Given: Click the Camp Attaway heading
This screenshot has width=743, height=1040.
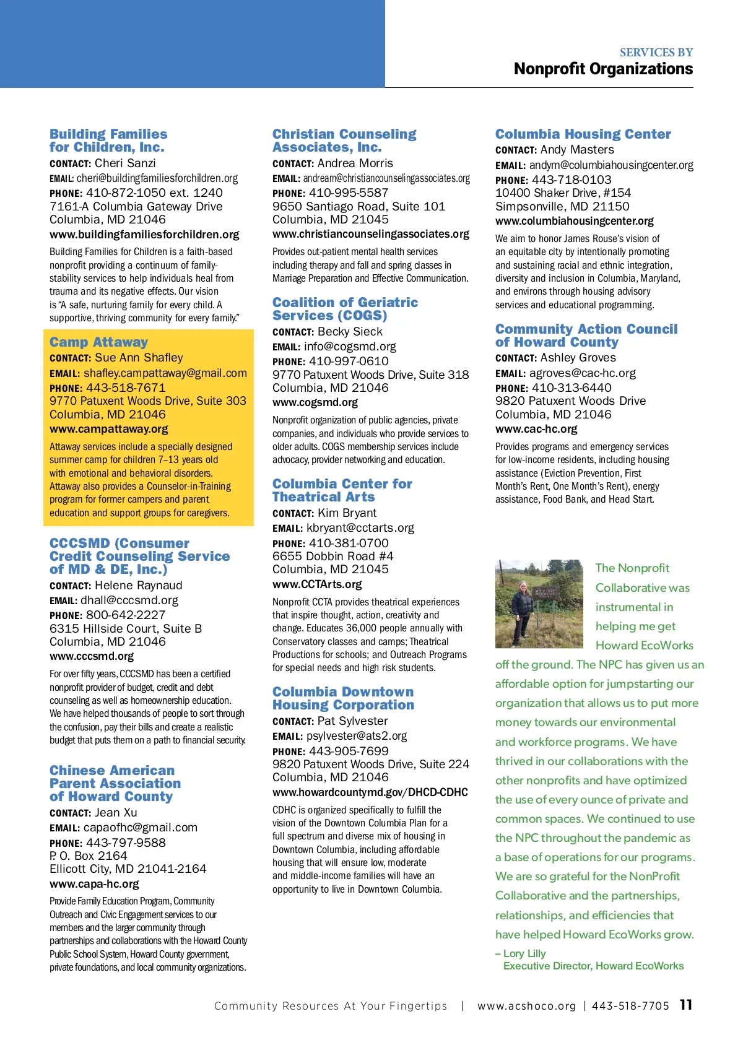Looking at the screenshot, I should (x=98, y=342).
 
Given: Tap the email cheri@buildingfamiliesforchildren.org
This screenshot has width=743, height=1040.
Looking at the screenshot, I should (x=157, y=178).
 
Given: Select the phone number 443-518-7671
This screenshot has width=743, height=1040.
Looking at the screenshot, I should (x=126, y=388).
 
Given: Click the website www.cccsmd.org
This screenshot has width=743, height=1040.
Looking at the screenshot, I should (x=92, y=656).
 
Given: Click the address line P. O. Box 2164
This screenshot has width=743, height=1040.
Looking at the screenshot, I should (x=88, y=856).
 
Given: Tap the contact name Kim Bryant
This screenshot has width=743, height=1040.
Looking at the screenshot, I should (x=347, y=513).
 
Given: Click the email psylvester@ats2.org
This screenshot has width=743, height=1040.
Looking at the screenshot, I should (x=357, y=736).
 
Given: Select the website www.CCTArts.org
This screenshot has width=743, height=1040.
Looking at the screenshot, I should (x=317, y=584).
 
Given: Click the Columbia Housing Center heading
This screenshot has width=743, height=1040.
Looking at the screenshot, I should (x=583, y=134).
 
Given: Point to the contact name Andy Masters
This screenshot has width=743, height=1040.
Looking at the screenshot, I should (x=577, y=150).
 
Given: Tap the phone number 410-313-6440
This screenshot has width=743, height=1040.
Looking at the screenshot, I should (x=571, y=388).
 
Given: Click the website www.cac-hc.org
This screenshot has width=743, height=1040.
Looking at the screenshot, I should (x=536, y=429).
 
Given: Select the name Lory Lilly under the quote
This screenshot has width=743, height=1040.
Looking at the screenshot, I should (x=524, y=954).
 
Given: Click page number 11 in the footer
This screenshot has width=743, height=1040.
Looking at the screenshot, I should (x=685, y=1005).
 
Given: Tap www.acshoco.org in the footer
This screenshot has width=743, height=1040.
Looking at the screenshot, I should (x=526, y=1006).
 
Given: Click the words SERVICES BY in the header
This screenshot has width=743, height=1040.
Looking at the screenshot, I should (x=656, y=53).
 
